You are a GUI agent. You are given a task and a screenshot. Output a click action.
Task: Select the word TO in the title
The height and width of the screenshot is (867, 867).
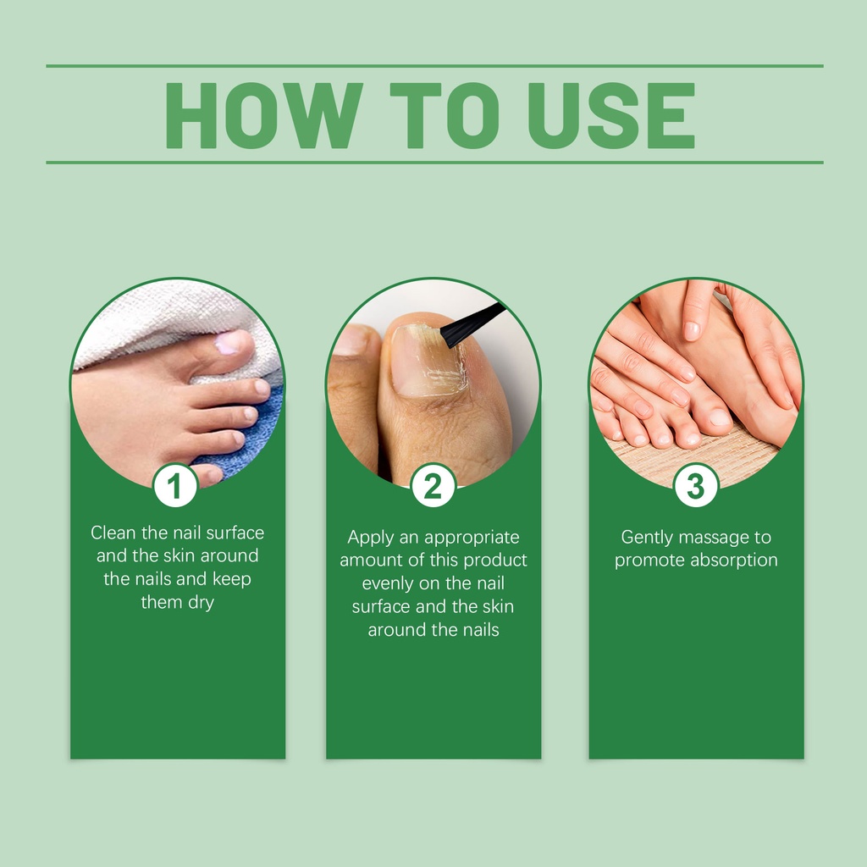(x=445, y=115)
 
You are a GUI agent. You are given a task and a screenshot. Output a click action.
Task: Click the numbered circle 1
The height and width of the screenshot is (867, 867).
(x=175, y=485)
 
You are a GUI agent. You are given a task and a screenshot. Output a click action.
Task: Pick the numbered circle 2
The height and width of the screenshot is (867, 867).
(x=433, y=485)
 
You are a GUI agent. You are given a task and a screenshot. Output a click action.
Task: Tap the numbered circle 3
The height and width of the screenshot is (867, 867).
(x=696, y=485)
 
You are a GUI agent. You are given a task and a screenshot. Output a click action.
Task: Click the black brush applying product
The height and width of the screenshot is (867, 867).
(x=472, y=325)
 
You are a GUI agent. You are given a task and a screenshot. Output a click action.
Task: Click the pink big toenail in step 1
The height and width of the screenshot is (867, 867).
(x=229, y=343)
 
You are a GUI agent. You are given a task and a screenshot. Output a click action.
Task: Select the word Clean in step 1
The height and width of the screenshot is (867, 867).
(x=113, y=533)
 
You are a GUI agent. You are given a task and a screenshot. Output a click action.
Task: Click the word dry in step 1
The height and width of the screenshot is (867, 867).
(x=201, y=602)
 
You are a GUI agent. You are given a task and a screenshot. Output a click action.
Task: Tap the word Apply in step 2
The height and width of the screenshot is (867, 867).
(x=367, y=538)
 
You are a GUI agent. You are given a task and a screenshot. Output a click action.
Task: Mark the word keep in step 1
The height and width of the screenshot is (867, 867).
(x=232, y=579)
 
